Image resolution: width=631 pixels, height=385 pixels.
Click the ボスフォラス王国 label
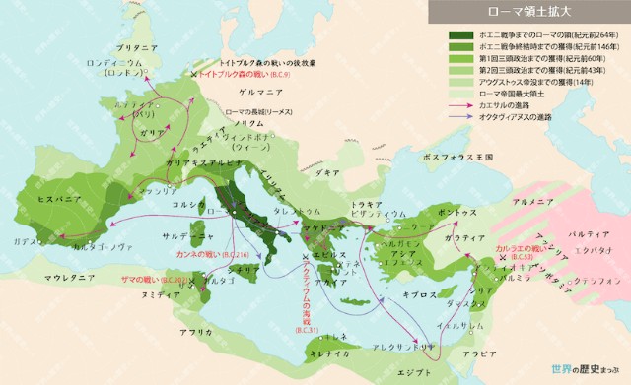point(452,157)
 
